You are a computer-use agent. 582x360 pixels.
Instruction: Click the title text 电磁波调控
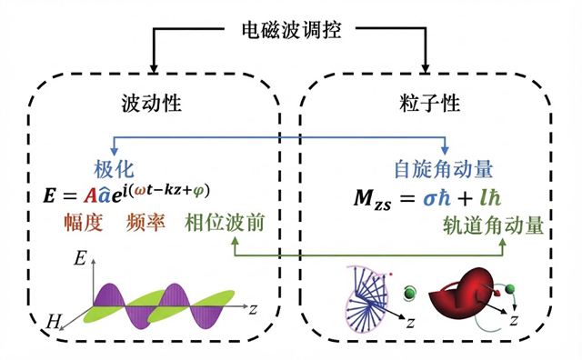pos(291,30)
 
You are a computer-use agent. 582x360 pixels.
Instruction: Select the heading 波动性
pos(152,103)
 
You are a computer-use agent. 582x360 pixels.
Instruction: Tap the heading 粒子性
pos(429,103)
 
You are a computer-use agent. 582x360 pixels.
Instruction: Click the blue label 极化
pos(114,170)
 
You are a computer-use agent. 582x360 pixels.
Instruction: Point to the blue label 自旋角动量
pos(444,169)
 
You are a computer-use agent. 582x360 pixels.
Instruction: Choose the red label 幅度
pos(84,223)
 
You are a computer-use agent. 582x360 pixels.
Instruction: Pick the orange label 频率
pos(145,223)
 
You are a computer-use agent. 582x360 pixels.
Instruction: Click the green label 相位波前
pos(225,223)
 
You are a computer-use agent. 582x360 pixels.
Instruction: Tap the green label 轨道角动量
pos(493,225)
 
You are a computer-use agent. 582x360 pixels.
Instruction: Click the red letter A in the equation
pos(90,195)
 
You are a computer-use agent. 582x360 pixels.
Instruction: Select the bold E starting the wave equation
pos(49,196)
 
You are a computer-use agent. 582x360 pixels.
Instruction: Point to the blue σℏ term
pos(437,198)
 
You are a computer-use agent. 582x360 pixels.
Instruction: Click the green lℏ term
pos(490,198)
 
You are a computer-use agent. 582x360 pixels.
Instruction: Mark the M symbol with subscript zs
pos(372,200)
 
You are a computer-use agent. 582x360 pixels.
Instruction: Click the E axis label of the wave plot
pos(80,258)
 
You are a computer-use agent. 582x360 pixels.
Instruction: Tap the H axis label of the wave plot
pos(53,322)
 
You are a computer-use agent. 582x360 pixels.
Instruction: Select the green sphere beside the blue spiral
pos(410,293)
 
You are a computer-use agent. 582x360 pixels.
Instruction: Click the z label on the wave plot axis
pos(253,309)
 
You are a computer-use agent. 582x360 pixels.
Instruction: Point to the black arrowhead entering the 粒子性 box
pos(426,68)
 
